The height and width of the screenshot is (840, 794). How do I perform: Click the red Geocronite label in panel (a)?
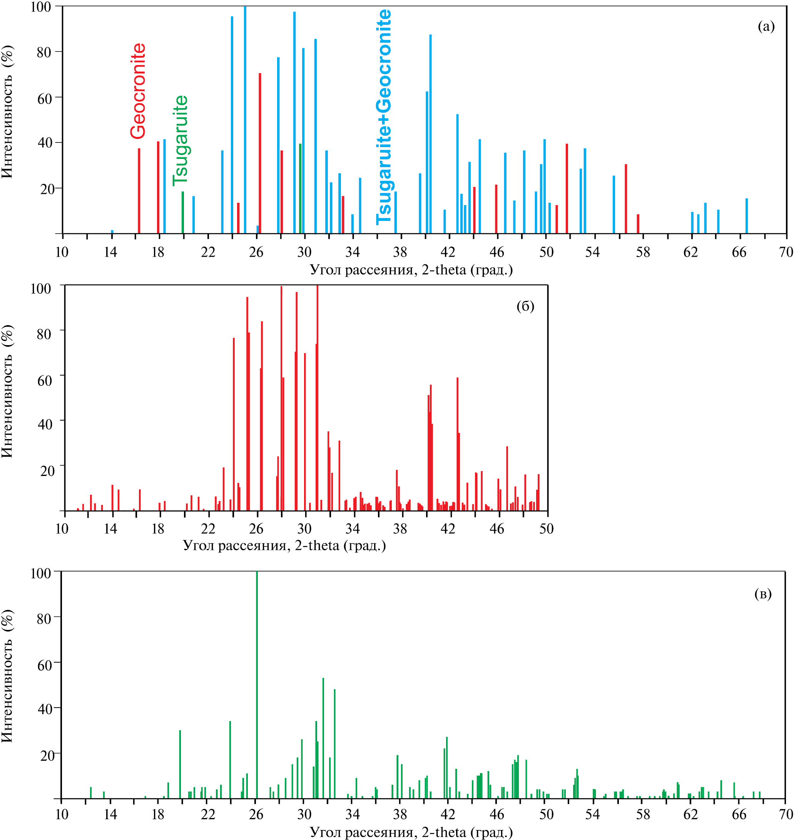point(138,91)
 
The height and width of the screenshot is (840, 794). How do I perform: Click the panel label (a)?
point(766,26)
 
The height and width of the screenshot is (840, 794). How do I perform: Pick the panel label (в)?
point(763,594)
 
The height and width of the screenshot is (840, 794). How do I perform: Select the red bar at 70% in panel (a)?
point(260,152)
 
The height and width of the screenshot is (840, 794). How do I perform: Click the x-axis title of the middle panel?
point(284,546)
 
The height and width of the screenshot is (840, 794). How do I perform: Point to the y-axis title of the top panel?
point(7,112)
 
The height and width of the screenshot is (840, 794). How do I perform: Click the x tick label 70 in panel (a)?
point(786,252)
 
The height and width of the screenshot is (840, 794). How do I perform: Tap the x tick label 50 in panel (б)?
point(546,529)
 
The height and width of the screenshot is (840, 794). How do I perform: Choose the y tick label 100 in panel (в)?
point(41,573)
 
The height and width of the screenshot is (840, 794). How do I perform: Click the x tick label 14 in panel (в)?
point(110,814)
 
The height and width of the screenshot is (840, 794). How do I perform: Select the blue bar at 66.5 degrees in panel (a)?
point(747,216)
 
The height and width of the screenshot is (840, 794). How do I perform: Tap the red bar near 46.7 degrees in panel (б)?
point(507,478)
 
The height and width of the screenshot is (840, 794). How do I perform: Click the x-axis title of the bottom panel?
point(411,832)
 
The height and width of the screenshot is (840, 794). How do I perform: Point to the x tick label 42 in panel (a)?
point(448,252)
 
